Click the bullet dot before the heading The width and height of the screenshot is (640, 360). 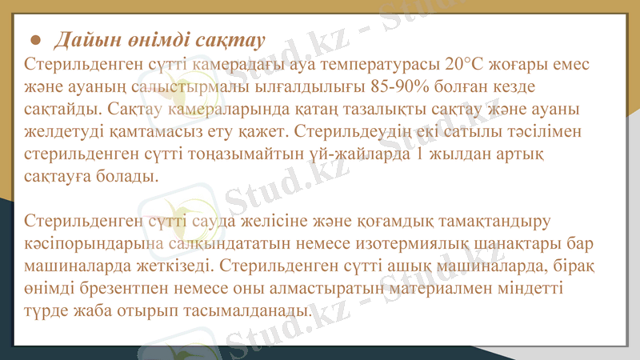[x=35, y=40]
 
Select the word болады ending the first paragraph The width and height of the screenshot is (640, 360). [x=127, y=175]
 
